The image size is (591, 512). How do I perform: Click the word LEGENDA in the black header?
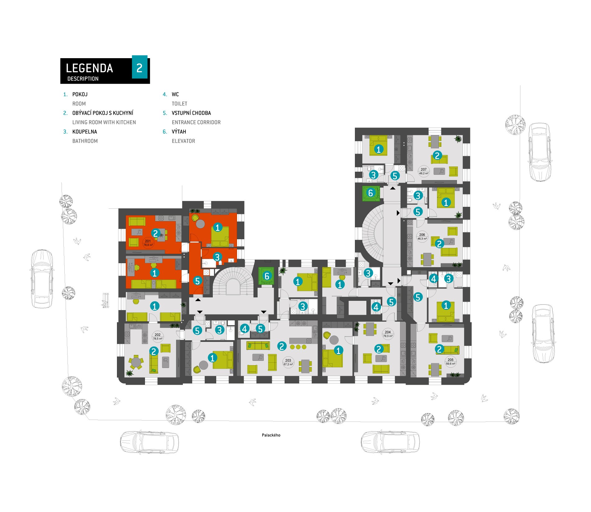[x=89, y=68]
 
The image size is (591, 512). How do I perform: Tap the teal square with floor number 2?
[x=140, y=67]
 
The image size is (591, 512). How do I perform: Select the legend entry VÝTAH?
[x=179, y=132]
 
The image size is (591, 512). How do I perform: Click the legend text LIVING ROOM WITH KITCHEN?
[x=104, y=122]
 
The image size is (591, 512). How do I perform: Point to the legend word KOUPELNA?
[x=85, y=132]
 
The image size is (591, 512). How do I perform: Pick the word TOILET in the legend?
[x=179, y=104]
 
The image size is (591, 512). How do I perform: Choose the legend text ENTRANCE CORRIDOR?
[x=196, y=122]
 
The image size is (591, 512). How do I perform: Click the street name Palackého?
[x=271, y=435]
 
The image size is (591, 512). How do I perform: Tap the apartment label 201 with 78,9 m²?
[x=148, y=243]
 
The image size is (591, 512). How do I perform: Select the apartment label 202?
[x=158, y=337]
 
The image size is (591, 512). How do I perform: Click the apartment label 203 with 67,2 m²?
[x=288, y=362]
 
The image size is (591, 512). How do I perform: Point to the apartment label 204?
[x=388, y=334]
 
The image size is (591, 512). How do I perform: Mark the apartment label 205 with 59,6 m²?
[x=450, y=361]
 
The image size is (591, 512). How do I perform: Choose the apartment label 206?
[x=422, y=237]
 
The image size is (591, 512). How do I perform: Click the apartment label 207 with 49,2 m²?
[x=424, y=171]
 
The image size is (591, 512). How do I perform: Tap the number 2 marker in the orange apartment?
[x=156, y=233]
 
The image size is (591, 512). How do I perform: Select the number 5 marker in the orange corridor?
[x=198, y=281]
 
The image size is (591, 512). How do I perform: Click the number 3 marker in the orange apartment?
[x=217, y=257]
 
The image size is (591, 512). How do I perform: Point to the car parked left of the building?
[x=42, y=278]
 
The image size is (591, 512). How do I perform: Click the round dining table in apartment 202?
[x=136, y=362]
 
